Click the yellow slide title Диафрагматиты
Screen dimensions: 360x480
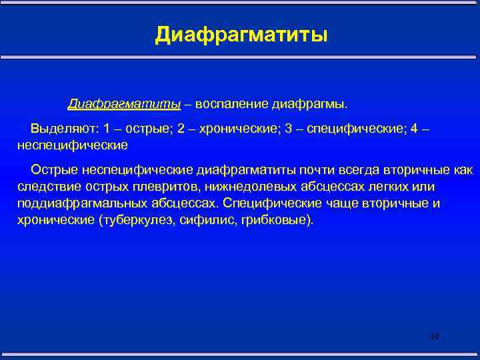coord(241,33)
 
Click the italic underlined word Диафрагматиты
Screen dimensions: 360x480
coord(124,104)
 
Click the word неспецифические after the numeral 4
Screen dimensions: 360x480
coord(71,143)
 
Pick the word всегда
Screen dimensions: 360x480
coord(359,171)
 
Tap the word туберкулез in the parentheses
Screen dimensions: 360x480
coord(132,219)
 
